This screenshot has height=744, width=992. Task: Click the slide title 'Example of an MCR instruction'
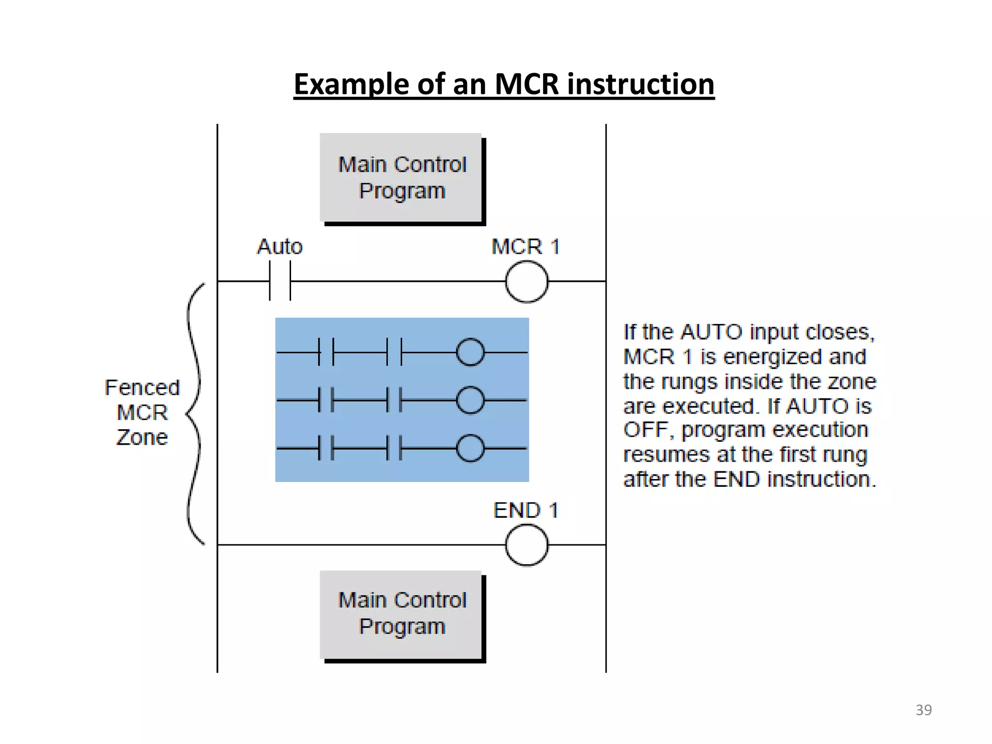click(x=504, y=84)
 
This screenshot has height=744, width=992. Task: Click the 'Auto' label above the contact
click(x=279, y=247)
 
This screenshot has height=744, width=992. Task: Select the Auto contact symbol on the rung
click(x=280, y=281)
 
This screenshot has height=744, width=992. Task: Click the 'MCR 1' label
click(x=526, y=247)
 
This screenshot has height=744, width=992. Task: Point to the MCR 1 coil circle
click(x=527, y=281)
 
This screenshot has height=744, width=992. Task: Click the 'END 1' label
click(x=526, y=511)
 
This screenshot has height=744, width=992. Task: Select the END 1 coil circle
click(x=527, y=545)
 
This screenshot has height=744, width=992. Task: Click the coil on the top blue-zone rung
click(x=470, y=352)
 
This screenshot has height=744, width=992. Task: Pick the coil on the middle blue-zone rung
click(x=470, y=400)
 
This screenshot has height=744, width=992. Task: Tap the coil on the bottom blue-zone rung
click(x=470, y=448)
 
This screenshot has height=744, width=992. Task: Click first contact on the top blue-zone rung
click(x=326, y=352)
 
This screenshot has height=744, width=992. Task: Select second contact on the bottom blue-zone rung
click(x=394, y=448)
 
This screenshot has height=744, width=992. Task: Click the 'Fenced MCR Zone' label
click(x=142, y=412)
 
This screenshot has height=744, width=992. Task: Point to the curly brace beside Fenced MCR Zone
click(x=194, y=414)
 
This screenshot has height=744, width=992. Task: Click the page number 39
click(x=923, y=710)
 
